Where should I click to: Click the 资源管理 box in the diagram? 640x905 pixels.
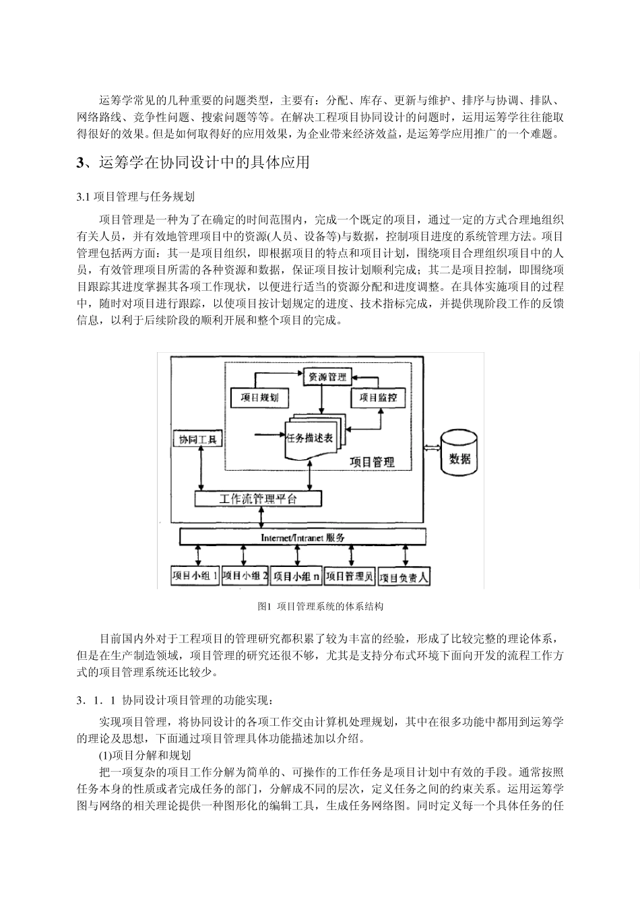pyautogui.click(x=327, y=376)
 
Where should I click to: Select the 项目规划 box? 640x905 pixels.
pyautogui.click(x=259, y=397)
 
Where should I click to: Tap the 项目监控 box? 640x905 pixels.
pyautogui.click(x=378, y=397)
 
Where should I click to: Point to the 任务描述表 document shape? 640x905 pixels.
pyautogui.click(x=310, y=438)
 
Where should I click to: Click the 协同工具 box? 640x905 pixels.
pyautogui.click(x=197, y=439)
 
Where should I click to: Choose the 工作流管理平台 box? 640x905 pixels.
pyautogui.click(x=258, y=499)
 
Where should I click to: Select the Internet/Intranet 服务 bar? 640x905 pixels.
pyautogui.click(x=302, y=537)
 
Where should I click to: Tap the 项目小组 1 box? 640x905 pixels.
pyautogui.click(x=195, y=576)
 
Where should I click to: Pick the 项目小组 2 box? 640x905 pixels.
pyautogui.click(x=245, y=576)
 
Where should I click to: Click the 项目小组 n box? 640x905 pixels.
pyautogui.click(x=297, y=576)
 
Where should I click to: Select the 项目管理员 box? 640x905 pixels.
pyautogui.click(x=349, y=576)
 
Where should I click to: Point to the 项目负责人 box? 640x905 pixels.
pyautogui.click(x=403, y=577)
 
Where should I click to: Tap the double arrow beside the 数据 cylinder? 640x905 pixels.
pyautogui.click(x=432, y=447)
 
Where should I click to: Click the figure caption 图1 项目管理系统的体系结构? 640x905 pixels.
pyautogui.click(x=321, y=607)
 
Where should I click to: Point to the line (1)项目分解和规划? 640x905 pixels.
pyautogui.click(x=145, y=756)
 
